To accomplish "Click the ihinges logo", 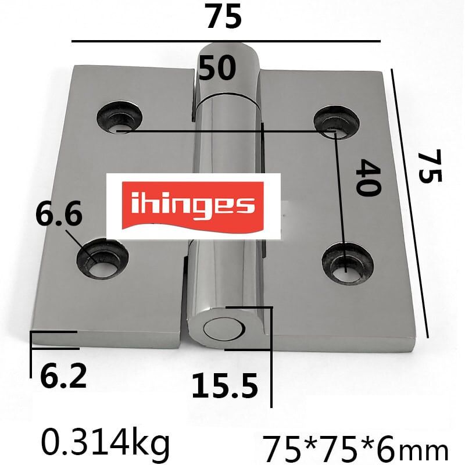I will pos(192,205).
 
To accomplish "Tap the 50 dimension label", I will pos(217,68).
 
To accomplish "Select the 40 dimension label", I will pos(367,178).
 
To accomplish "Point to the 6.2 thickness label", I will pos(63,375).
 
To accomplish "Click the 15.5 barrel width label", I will pos(224,385).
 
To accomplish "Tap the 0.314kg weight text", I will pos(105,443).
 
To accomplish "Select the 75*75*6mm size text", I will pos(356,449).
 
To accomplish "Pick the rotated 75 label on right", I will pos(430,167).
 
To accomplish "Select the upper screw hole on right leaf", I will pos(335,121).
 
